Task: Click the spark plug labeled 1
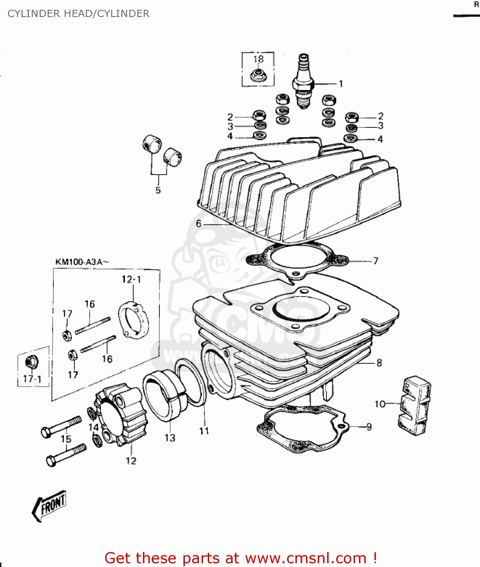[x=304, y=82]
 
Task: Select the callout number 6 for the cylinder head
[x=199, y=224]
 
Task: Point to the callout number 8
[x=379, y=363]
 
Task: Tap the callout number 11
[x=204, y=431]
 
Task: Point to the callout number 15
[x=66, y=439]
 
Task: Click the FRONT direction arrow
[x=49, y=505]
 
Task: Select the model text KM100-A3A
[x=82, y=262]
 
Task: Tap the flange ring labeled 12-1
[x=133, y=322]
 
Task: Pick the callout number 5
[x=158, y=190]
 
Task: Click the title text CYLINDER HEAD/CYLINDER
[x=79, y=14]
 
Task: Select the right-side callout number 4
[x=380, y=139]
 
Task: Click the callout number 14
[x=93, y=427]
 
